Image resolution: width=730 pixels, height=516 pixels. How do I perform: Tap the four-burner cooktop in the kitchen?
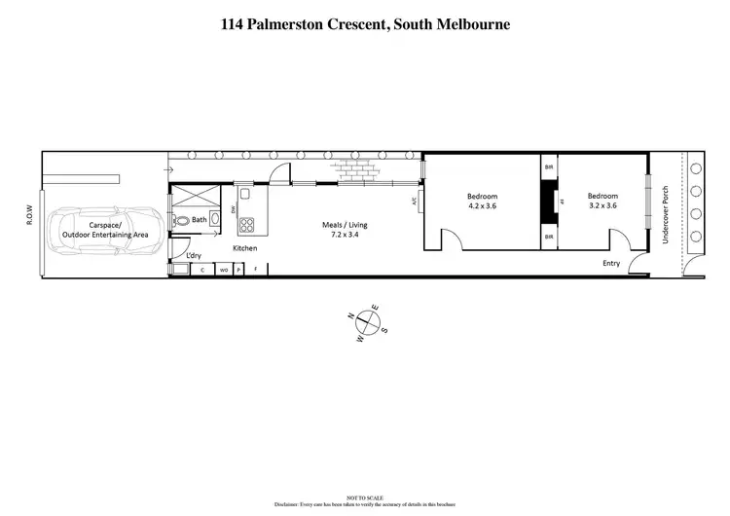(x=246, y=225)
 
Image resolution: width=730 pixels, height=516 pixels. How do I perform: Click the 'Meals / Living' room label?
(x=345, y=226)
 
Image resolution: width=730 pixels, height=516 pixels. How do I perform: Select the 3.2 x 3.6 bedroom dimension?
(x=602, y=205)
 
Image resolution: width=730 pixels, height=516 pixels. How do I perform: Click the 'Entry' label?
(x=611, y=263)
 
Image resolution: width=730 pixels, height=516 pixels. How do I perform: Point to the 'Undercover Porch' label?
(x=666, y=214)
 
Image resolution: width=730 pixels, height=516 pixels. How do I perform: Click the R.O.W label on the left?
(x=30, y=215)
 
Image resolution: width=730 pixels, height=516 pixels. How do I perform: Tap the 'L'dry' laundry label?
(x=194, y=255)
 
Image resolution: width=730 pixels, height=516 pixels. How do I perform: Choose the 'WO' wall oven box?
(x=223, y=269)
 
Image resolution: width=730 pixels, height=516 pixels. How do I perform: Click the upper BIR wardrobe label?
(x=550, y=167)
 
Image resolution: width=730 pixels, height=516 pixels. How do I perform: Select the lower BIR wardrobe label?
(x=550, y=237)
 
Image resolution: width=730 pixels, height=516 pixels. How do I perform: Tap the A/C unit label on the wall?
(x=415, y=203)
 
